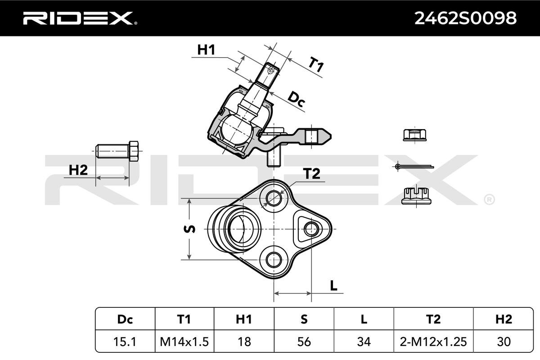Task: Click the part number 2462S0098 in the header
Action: point(465,18)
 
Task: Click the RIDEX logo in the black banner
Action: point(80,18)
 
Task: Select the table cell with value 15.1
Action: point(125,342)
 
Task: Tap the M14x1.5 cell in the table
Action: point(184,342)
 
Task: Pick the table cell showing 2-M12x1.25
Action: point(433,342)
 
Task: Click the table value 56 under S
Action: point(304,342)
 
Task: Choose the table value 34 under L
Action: point(364,342)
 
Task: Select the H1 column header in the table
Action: point(244,319)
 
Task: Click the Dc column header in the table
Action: point(125,319)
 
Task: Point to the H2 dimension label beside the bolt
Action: point(78,170)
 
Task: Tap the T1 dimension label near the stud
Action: point(316,64)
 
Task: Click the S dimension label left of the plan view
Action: point(189,229)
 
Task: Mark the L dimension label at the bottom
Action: point(333,286)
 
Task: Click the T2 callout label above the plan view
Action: point(311,174)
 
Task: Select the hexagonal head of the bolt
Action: point(134,151)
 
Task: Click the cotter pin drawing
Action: point(414,166)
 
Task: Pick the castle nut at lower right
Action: point(416,196)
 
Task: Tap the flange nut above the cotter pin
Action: point(414,135)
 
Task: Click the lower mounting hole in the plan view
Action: point(274,260)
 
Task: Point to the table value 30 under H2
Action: point(504,342)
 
